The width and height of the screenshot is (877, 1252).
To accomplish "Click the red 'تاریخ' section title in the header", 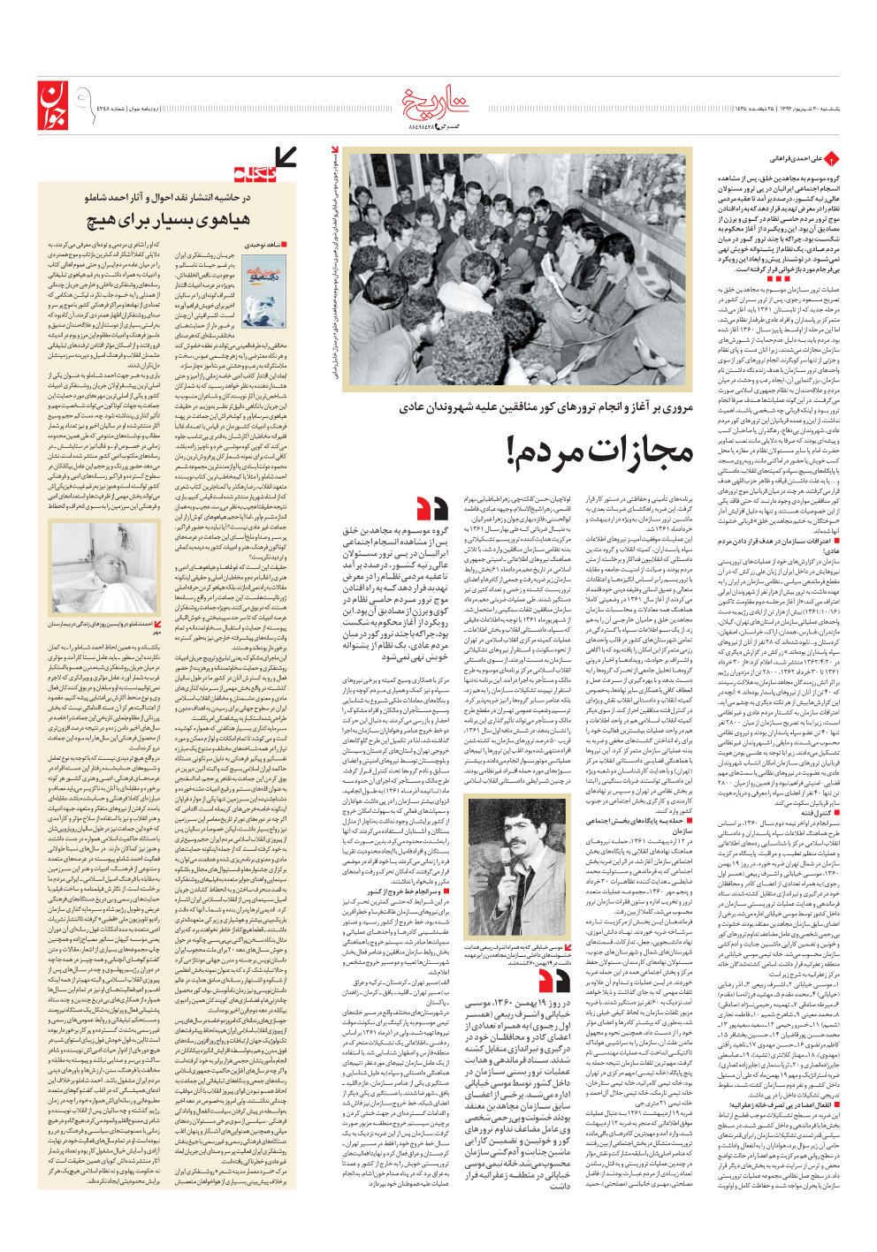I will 439,103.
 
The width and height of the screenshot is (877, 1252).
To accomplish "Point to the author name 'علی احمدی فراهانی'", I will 796,159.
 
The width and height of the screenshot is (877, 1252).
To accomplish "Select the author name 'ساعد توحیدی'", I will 261,244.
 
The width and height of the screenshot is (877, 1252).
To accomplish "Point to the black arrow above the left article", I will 286,158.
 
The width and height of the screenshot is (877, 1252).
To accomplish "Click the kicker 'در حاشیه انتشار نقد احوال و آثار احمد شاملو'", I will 167,197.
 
